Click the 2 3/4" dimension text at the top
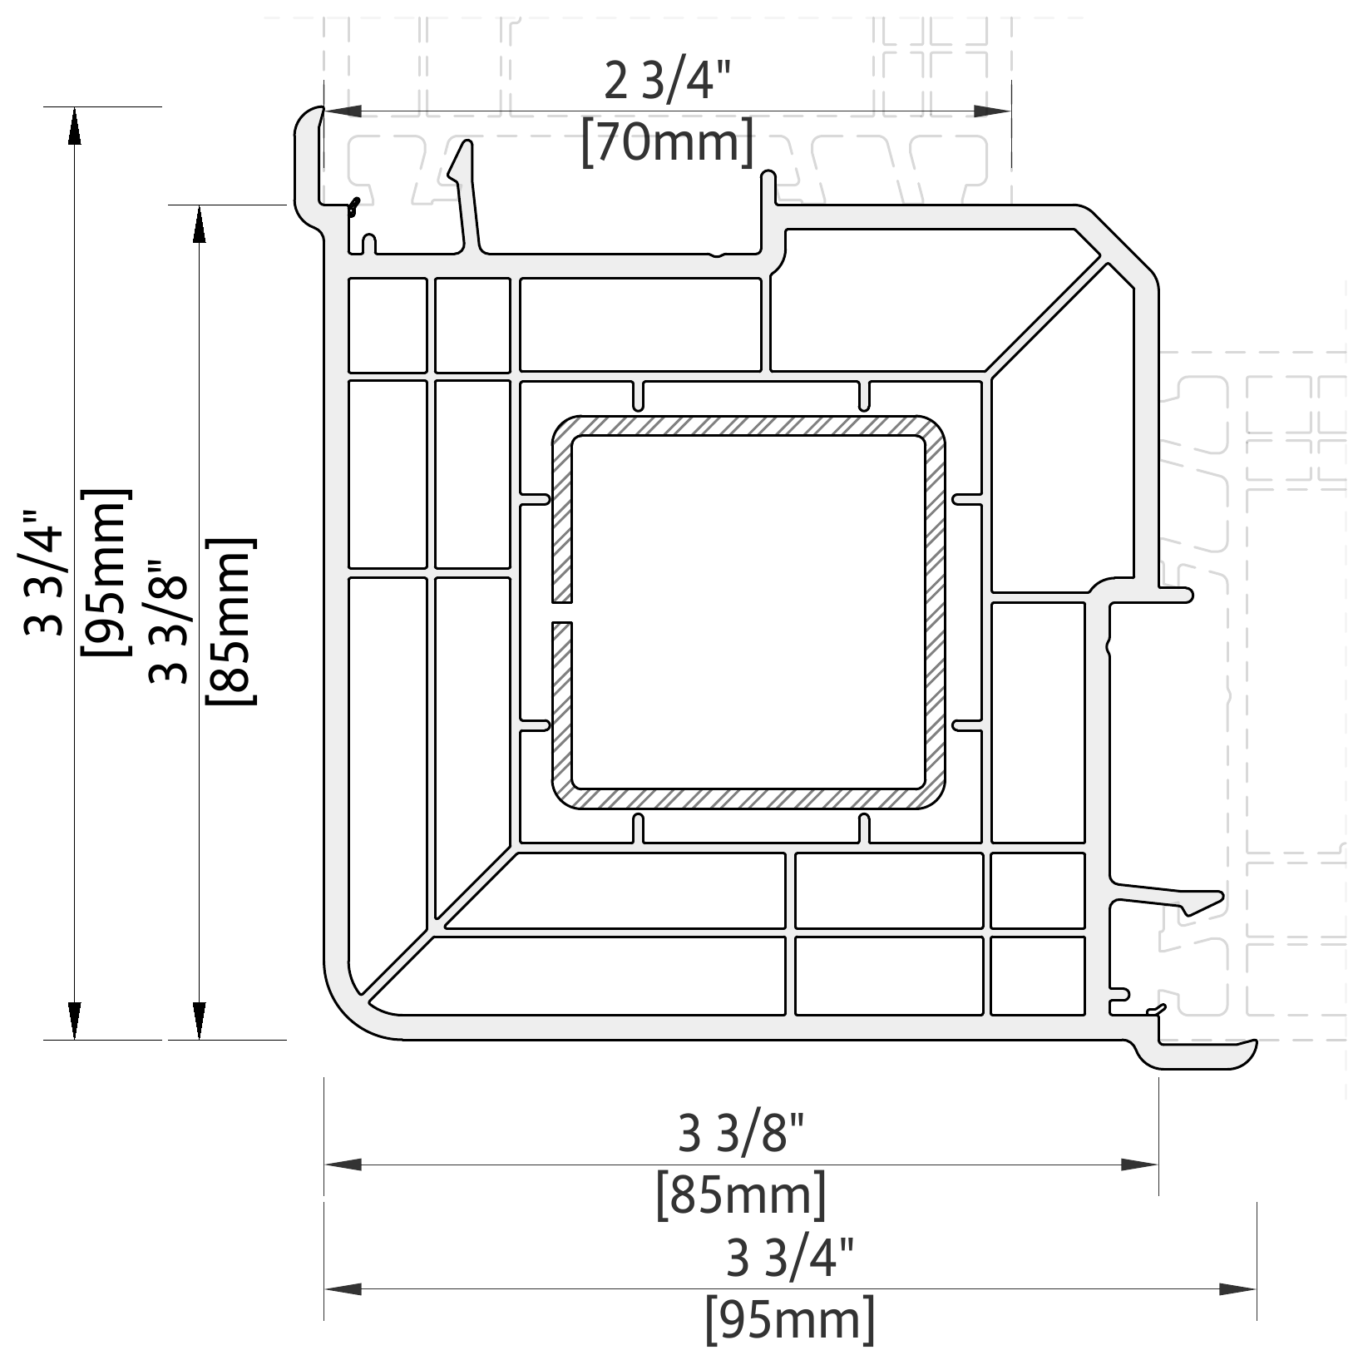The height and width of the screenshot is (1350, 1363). [667, 81]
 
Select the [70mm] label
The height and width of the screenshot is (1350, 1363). [668, 141]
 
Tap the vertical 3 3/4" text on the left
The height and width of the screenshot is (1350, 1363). [45, 572]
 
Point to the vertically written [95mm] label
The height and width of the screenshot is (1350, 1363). [105, 572]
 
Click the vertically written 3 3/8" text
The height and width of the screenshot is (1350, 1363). [170, 621]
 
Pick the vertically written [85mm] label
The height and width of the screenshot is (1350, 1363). [230, 621]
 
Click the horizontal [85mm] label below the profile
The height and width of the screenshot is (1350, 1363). [742, 1195]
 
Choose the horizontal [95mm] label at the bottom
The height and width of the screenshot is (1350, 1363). [790, 1318]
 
